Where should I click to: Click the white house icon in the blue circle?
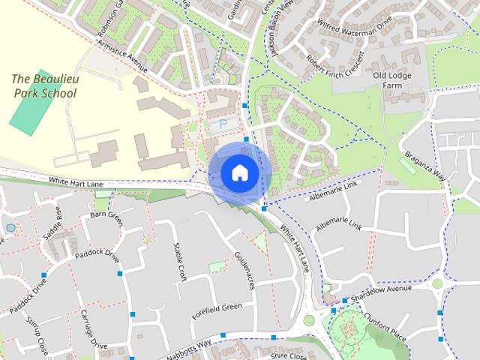point(239,172)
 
